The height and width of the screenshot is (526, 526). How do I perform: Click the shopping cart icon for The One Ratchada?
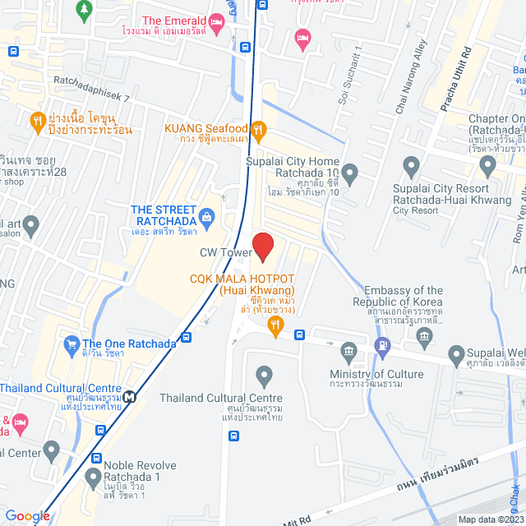(x=72, y=344)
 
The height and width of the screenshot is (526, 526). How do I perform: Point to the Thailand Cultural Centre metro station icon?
(x=131, y=394)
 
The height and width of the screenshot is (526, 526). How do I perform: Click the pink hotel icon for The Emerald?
(x=217, y=22)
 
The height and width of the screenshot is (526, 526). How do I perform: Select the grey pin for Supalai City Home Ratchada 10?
(x=350, y=174)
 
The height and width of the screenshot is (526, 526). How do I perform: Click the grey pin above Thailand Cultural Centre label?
(x=264, y=376)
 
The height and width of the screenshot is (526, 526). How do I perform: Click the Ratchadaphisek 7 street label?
(x=91, y=97)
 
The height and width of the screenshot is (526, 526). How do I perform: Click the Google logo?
(x=27, y=515)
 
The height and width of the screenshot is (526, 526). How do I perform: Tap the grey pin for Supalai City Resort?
(x=487, y=168)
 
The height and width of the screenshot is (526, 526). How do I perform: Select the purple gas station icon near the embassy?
(x=381, y=346)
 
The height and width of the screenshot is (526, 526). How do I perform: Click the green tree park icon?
(x=83, y=9)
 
